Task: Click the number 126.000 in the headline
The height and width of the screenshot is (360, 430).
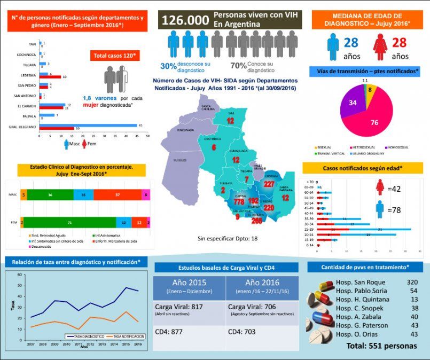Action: pos(185,20)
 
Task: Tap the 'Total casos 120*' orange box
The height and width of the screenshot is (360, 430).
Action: pos(115,56)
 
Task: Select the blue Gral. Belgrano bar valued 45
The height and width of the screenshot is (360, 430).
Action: pos(88,126)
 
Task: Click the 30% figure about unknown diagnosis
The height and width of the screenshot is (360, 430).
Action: pos(168,66)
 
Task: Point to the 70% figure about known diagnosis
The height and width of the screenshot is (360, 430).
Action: pos(238,66)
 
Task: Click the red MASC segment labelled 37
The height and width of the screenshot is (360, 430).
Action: pos(116,195)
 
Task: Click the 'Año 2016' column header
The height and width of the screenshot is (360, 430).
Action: pos(263,283)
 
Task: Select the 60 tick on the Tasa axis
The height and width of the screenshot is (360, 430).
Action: pos(21,275)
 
